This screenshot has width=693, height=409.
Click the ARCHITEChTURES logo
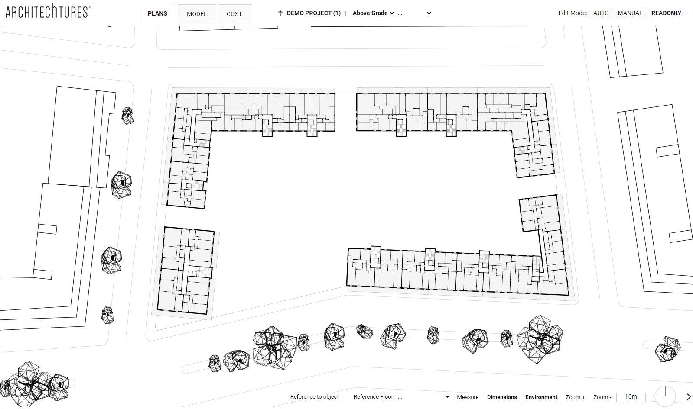(48, 11)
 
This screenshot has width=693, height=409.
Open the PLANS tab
(157, 14)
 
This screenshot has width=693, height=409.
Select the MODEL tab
(197, 14)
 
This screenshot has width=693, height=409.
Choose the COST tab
(234, 14)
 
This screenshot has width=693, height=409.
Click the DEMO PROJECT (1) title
(314, 13)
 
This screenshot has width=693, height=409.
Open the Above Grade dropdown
(373, 13)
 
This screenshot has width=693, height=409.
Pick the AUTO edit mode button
(601, 13)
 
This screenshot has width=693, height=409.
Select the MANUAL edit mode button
(630, 13)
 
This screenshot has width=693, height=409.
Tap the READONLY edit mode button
(666, 13)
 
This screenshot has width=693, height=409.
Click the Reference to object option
(314, 397)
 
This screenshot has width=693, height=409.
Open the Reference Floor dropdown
(401, 397)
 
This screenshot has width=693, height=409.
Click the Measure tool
(468, 397)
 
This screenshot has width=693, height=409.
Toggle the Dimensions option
(502, 397)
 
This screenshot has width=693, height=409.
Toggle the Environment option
(541, 397)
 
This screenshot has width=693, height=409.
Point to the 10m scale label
(631, 397)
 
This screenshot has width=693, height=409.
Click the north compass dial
(665, 396)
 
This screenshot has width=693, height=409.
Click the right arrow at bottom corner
(688, 397)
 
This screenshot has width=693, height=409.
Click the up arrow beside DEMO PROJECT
(280, 13)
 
